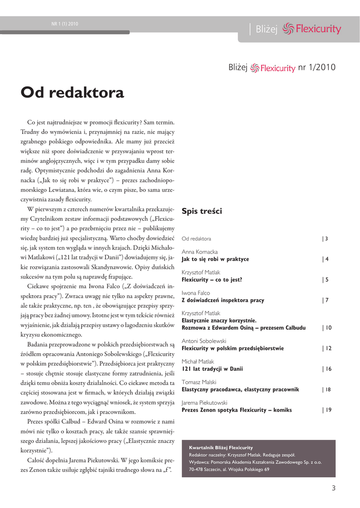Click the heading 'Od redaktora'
(72, 93)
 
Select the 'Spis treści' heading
(202, 211)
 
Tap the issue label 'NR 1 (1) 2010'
(65, 23)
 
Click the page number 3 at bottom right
(334, 488)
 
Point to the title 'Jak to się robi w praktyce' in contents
(216, 259)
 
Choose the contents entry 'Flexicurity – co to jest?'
(212, 280)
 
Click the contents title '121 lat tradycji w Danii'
(212, 369)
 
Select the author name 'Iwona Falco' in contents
(196, 293)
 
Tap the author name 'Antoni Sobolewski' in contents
(204, 341)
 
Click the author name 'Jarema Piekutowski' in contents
(205, 403)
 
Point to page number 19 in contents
(328, 410)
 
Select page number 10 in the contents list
(328, 328)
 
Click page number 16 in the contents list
(328, 369)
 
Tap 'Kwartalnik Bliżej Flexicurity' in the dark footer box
(221, 447)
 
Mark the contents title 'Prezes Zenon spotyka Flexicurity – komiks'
(237, 410)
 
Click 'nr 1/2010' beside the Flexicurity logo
(317, 67)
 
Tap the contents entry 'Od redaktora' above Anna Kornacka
(196, 239)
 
